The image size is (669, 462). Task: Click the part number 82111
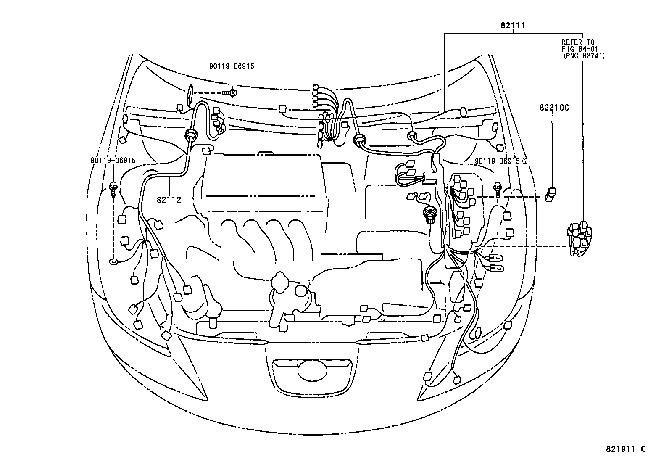point(512,26)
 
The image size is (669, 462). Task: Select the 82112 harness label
point(169,200)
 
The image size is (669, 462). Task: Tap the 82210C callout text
point(554,108)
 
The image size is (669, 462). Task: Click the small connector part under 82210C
point(550,194)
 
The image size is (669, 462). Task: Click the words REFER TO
point(578,42)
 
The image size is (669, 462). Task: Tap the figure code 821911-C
point(625,449)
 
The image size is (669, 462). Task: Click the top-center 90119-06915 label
point(232,66)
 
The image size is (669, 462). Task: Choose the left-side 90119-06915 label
point(113,161)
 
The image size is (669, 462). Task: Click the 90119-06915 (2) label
point(503,161)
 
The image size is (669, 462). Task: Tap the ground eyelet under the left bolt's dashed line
point(113,262)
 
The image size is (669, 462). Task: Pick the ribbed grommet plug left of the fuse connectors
point(429,215)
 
